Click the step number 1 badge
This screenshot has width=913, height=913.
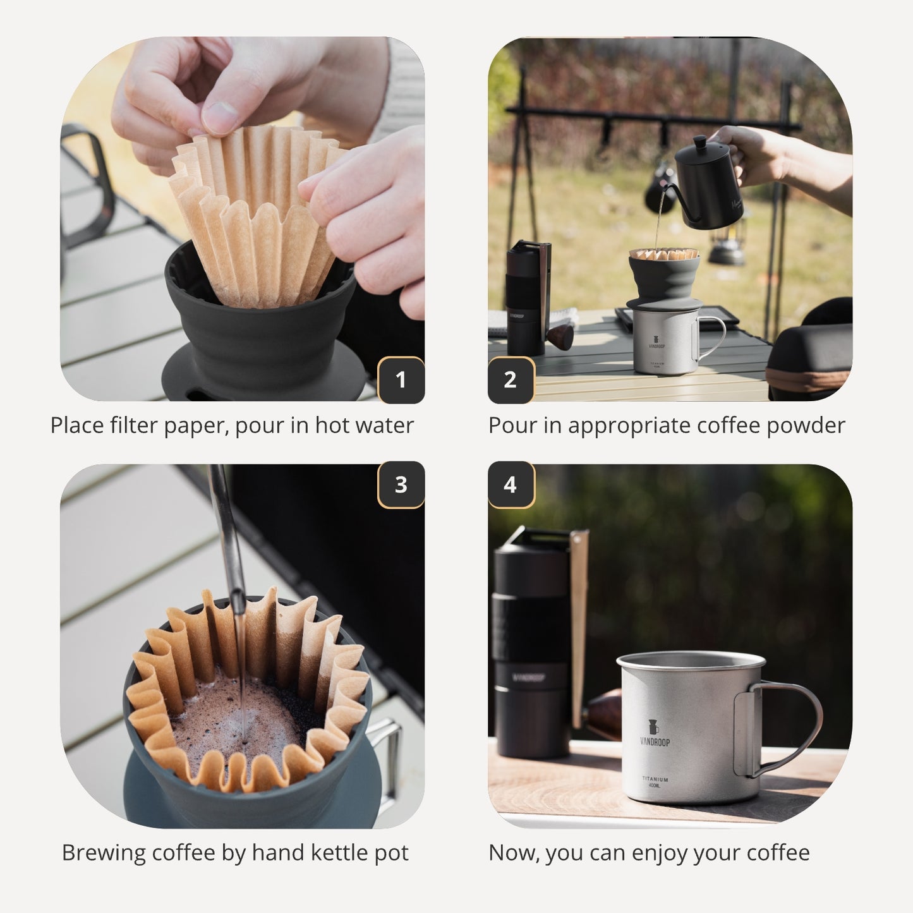(x=401, y=380)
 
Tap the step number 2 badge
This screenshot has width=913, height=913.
(x=511, y=380)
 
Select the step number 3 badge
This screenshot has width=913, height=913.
(x=401, y=485)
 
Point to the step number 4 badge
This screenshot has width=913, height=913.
(x=511, y=485)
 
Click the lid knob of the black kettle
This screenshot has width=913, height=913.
(x=699, y=142)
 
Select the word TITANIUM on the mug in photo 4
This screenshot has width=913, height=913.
(x=655, y=779)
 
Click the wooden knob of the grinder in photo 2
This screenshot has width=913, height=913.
(x=560, y=336)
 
